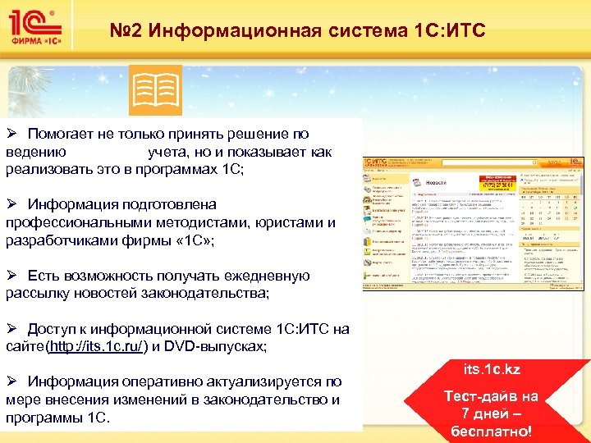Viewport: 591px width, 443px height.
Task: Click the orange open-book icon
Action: pyautogui.click(x=156, y=90)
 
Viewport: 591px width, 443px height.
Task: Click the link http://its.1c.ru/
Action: pyautogui.click(x=98, y=347)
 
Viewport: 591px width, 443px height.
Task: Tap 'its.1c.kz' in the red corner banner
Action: pyautogui.click(x=491, y=370)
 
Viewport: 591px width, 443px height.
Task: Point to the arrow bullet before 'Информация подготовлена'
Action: pyautogui.click(x=12, y=204)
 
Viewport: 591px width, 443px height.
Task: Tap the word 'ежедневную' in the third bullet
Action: pyautogui.click(x=268, y=276)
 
